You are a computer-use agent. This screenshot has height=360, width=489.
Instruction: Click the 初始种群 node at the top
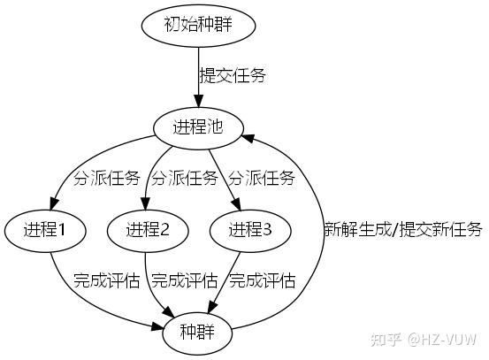pyautogui.click(x=198, y=24)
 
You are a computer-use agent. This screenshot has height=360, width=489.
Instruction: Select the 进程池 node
pyautogui.click(x=198, y=127)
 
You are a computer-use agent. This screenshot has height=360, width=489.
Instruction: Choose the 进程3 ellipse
pyautogui.click(x=251, y=231)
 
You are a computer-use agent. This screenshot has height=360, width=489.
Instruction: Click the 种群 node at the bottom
pyautogui.click(x=198, y=334)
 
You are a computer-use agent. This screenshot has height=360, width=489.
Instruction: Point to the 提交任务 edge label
pyautogui.click(x=233, y=75)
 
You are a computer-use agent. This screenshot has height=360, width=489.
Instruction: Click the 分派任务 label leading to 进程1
pyautogui.click(x=107, y=179)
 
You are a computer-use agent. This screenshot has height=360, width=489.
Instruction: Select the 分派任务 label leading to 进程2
pyautogui.click(x=184, y=179)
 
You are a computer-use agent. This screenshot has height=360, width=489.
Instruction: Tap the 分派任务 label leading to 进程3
pyautogui.click(x=262, y=179)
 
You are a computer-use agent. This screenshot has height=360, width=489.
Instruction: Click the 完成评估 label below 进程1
pyautogui.click(x=107, y=282)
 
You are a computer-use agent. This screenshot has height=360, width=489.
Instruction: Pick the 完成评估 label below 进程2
pyautogui.click(x=184, y=282)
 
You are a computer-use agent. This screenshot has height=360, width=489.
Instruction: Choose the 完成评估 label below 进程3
pyautogui.click(x=262, y=282)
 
